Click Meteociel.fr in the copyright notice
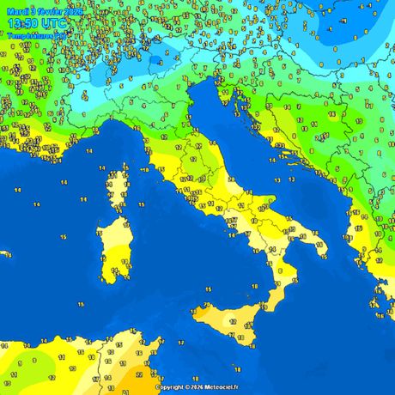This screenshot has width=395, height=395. [220, 387]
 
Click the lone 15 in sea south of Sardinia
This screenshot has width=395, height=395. [79, 304]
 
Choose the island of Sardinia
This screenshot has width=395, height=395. [110, 245]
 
